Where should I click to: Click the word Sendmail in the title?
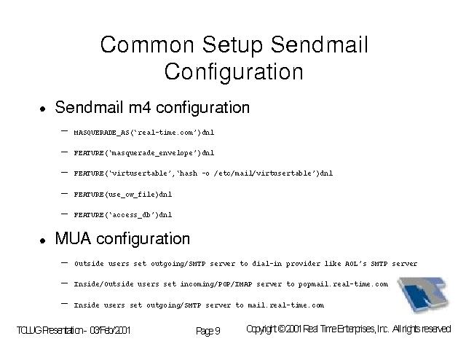pos(319,44)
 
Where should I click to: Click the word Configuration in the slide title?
pos(234,72)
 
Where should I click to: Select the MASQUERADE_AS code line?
pos(144,133)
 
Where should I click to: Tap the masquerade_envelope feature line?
pos(144,153)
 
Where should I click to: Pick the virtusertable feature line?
pos(203,173)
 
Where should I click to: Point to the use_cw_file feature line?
pos(123,195)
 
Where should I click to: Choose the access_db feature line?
pos(123,214)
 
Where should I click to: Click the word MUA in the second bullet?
pos(73,238)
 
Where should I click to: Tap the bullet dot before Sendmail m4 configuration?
pos(43,109)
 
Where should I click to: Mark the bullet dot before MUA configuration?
pos(43,240)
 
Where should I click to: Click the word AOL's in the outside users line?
pos(355,264)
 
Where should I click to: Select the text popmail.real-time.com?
pos(343,284)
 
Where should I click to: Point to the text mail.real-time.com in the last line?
pos(286,305)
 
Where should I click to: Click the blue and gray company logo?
pos(423,294)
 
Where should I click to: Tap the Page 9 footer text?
pos(208,331)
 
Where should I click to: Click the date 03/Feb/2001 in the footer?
pos(110,330)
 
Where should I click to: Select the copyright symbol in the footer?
pos(281,329)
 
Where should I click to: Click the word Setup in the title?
pos(232,45)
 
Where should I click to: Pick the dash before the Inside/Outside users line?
pos(64,283)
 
